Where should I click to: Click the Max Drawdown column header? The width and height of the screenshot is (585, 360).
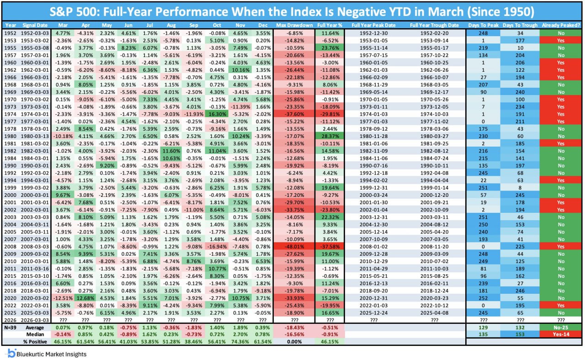coord(294,25)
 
